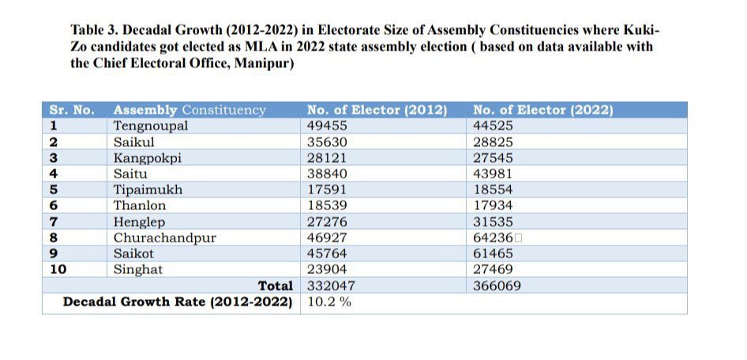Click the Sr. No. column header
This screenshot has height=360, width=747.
(71, 110)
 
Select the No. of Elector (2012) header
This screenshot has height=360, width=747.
(377, 111)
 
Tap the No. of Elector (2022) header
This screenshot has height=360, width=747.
(542, 111)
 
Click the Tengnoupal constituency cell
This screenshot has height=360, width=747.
(151, 126)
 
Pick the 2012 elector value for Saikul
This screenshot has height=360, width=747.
(327, 142)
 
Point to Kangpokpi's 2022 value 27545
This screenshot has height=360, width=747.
(493, 158)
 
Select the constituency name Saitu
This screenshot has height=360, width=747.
(130, 174)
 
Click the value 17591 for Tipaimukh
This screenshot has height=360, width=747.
(327, 189)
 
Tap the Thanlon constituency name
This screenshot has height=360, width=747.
(140, 206)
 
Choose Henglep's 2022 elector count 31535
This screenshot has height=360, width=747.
(493, 221)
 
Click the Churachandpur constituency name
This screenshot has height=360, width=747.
(164, 238)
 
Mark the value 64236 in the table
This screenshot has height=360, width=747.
(493, 238)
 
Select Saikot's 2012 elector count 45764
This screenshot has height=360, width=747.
(327, 253)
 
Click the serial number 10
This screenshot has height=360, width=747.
(58, 269)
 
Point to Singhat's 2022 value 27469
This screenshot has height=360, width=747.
(493, 269)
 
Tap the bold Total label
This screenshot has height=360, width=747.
(276, 286)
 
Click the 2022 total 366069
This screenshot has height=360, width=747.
(497, 286)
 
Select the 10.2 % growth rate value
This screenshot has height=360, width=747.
(329, 302)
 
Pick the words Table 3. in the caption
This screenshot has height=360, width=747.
(94, 30)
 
